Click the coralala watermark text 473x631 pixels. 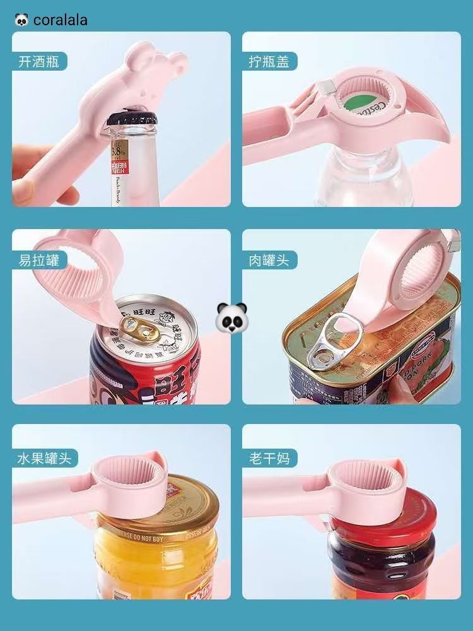coord(60,20)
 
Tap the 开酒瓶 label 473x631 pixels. coord(39,62)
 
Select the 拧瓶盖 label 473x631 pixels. coord(269,62)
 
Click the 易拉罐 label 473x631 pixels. coord(39,259)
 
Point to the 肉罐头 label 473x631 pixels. coord(269,259)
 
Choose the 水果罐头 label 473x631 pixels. coord(45,457)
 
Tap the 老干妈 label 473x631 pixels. coord(269,457)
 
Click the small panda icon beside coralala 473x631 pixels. coord(21,20)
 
